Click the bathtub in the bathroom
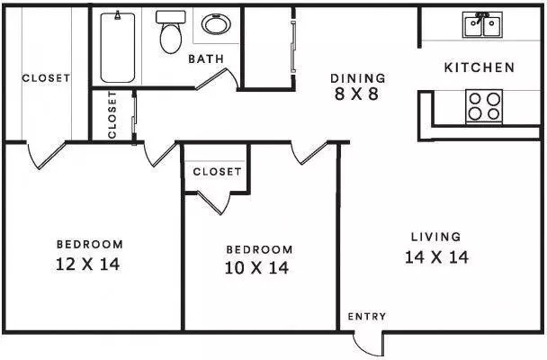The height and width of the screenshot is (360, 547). tap(118, 47)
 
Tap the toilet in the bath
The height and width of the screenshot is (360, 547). tap(171, 32)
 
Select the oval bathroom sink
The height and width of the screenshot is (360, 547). tap(216, 24)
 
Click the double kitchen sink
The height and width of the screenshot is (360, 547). tap(482, 24)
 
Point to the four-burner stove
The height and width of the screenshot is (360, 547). tap(484, 106)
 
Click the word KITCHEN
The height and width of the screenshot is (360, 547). tap(480, 67)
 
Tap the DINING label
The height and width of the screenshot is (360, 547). tap(358, 78)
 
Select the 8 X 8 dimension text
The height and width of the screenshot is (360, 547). tap(356, 94)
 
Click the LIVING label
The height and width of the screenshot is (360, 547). tap(436, 237)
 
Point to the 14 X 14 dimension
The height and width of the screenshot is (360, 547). tap(436, 257)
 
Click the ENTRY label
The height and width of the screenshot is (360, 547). tap(367, 317)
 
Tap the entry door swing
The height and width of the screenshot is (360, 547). tap(368, 345)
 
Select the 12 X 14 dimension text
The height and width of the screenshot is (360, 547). tap(88, 264)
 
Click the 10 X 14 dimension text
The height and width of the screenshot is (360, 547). tap(256, 268)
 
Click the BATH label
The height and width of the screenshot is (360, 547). tap(206, 59)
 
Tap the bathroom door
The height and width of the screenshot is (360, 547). tap(217, 79)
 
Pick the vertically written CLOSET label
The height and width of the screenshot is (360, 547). tap(112, 115)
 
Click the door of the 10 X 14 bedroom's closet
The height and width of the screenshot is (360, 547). tap(213, 202)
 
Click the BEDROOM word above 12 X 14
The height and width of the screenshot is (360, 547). tap(90, 244)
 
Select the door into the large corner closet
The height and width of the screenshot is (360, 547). tap(47, 155)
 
